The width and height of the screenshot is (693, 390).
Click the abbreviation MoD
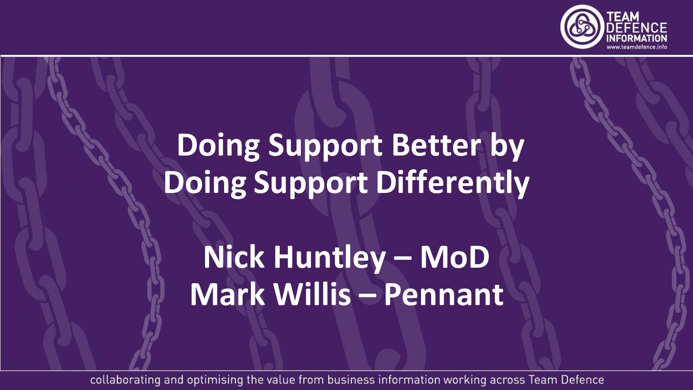tap(454, 257)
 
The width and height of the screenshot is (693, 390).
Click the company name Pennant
tap(443, 295)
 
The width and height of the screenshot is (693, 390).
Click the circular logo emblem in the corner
tap(582, 27)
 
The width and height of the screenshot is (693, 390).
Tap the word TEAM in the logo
tap(623, 17)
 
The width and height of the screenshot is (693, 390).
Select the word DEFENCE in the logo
tap(636, 28)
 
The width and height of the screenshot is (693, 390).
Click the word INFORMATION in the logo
tap(636, 38)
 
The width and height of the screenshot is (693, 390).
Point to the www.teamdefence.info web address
tap(637, 47)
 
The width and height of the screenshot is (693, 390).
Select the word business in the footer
tap(351, 380)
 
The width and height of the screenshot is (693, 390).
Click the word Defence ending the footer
tap(582, 380)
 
